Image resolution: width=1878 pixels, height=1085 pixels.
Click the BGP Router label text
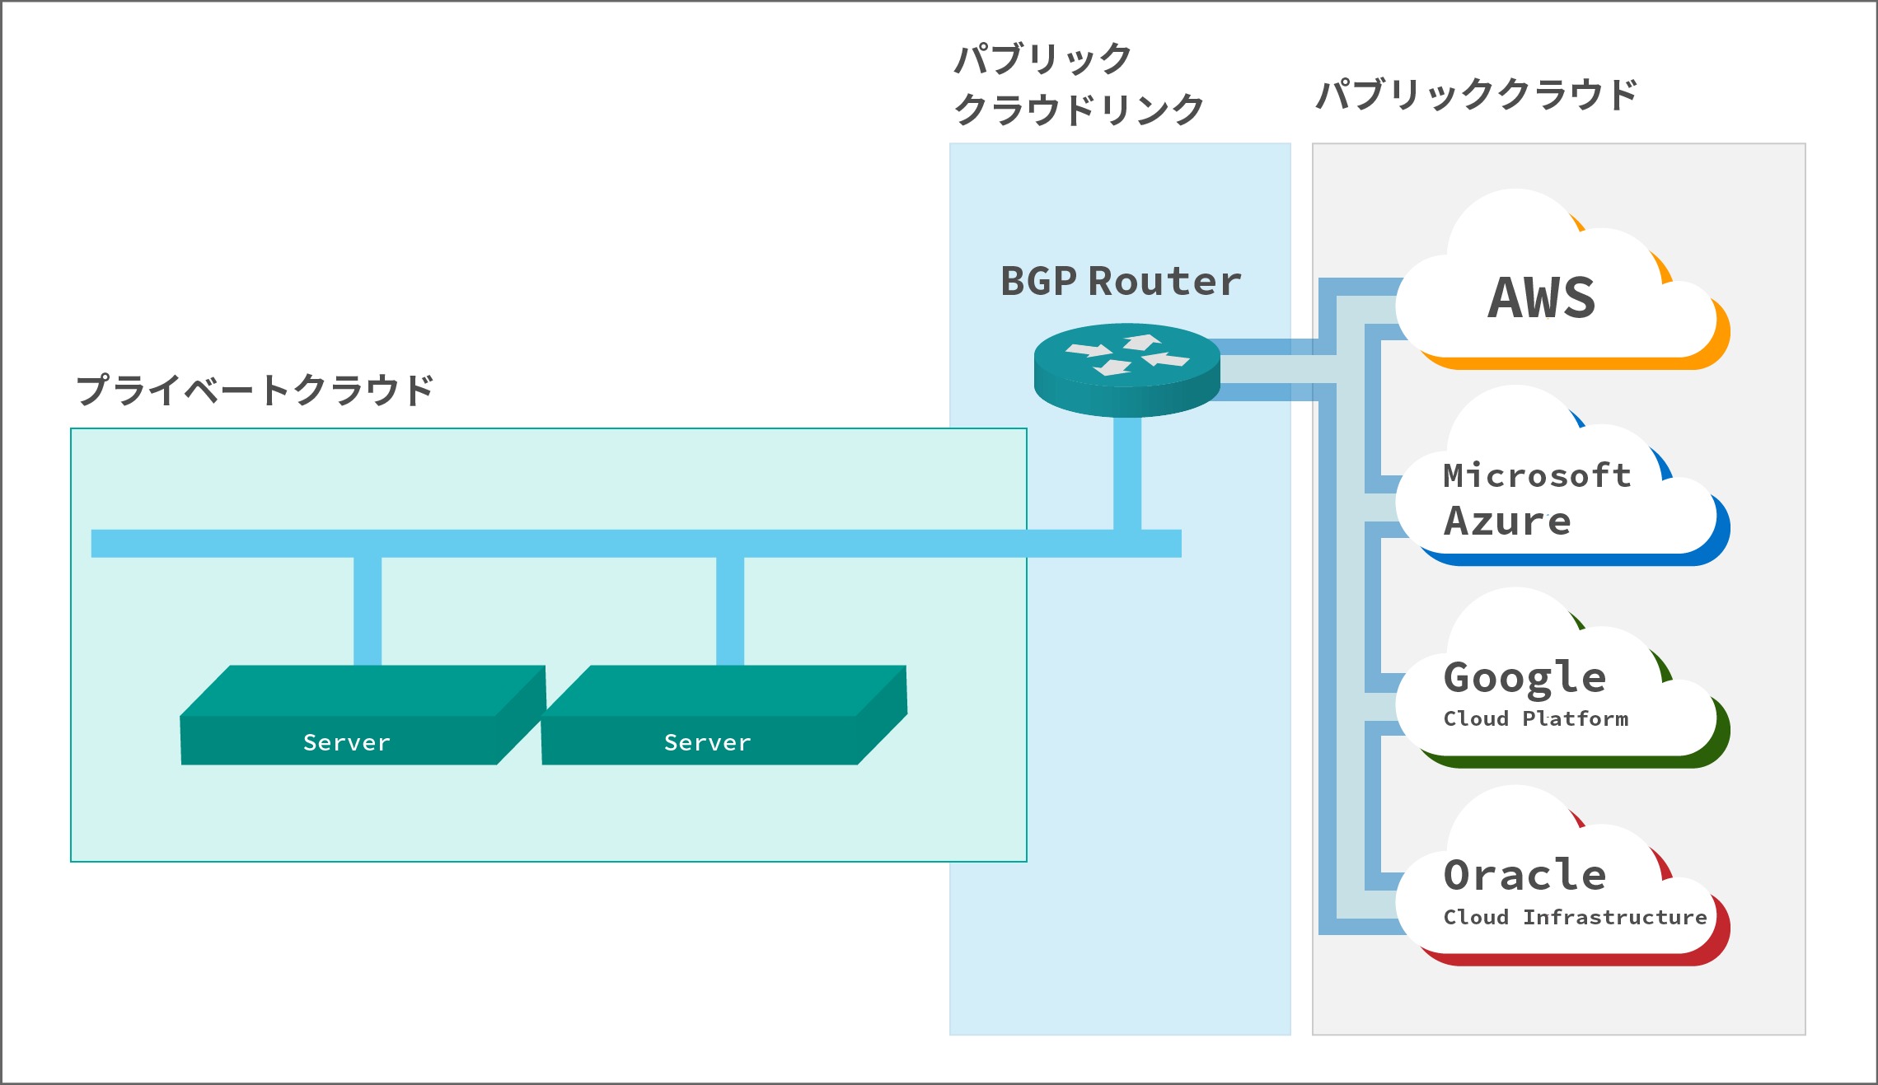1121,282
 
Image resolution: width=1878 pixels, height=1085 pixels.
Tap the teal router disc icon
1127,370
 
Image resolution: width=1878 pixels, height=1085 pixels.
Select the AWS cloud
1562,280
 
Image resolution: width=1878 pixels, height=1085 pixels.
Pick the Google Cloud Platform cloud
1562,679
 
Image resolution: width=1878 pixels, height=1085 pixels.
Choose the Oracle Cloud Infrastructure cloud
1562,877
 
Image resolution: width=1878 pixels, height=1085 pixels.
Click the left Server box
363,715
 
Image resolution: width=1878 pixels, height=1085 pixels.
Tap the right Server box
724,715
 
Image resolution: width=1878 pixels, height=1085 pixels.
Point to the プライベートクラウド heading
255,390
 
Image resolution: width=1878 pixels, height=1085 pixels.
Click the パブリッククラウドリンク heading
1079,84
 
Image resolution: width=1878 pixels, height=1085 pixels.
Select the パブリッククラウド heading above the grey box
1477,95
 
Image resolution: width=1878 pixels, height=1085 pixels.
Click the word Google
1524,679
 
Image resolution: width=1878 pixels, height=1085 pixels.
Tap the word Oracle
1524,875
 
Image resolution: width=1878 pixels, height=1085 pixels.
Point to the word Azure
1507,521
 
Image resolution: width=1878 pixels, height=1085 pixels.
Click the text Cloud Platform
1536,718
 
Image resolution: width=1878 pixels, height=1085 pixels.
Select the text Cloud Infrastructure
1575,917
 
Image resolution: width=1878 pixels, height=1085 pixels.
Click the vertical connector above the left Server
368,611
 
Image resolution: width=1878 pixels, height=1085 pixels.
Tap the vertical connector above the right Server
730,611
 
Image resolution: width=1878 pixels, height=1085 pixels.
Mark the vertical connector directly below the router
1127,474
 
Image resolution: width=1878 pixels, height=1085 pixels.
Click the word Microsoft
1537,475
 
